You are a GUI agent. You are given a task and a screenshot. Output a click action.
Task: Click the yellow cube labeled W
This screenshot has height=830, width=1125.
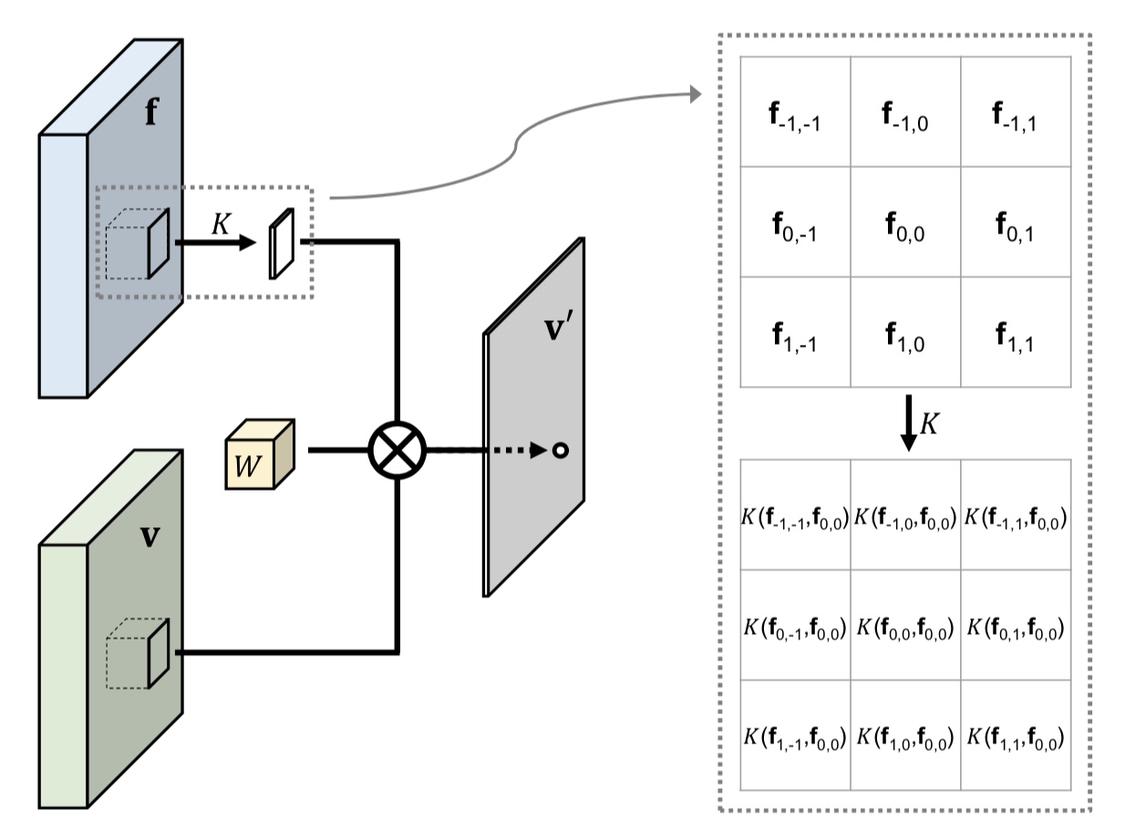(259, 454)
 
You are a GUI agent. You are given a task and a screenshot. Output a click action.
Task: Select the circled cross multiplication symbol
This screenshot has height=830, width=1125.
(397, 451)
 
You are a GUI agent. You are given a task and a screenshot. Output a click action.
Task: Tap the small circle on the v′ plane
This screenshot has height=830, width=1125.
(561, 451)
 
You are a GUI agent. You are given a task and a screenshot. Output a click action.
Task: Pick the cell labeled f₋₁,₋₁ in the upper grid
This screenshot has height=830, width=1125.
(795, 113)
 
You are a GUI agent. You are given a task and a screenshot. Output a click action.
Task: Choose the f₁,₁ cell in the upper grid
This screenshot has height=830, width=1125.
(1015, 333)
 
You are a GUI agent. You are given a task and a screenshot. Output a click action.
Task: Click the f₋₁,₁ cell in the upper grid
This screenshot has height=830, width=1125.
(1015, 113)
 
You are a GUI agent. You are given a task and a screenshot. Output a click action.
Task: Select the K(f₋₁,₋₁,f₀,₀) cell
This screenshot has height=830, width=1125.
(795, 516)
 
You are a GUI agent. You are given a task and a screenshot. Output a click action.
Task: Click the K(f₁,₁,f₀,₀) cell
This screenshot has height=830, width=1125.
(1015, 736)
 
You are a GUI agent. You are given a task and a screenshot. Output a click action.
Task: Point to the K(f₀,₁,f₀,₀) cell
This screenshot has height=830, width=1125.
(1015, 626)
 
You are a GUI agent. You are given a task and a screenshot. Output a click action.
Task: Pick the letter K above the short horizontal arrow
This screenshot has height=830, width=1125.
(220, 224)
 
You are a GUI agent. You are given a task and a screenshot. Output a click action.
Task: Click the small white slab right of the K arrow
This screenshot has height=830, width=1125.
(281, 244)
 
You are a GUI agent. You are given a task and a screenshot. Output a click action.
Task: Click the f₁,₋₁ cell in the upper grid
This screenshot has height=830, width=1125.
(795, 333)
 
